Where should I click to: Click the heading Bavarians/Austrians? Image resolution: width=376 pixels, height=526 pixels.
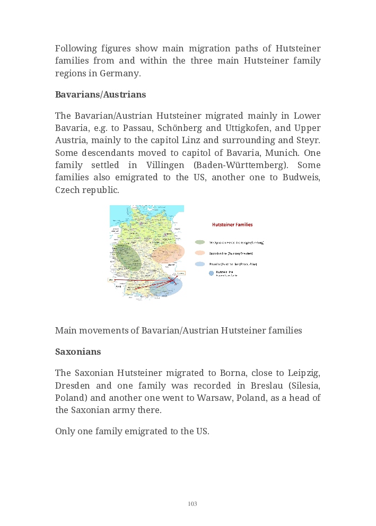point(100,94)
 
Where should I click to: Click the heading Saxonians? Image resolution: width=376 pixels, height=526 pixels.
point(78,352)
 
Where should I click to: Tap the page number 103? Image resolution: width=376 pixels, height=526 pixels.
point(193,504)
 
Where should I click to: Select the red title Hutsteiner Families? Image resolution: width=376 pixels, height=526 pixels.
point(232,225)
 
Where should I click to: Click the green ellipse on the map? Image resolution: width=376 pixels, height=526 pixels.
point(129,258)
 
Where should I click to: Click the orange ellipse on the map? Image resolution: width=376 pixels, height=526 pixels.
point(168,253)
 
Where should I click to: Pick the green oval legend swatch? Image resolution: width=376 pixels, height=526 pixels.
point(200,242)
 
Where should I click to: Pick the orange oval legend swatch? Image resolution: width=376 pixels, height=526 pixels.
point(200,253)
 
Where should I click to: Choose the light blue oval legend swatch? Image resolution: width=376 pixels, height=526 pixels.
point(200,264)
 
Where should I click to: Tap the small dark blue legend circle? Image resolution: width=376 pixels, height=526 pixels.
point(211,274)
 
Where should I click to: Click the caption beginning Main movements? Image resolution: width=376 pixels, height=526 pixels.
point(178,330)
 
